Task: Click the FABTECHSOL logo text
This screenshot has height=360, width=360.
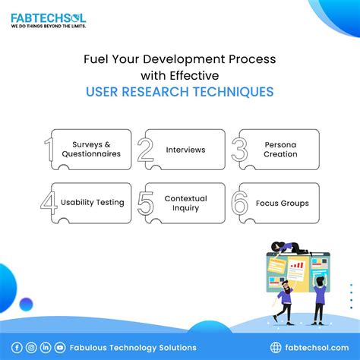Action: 48,16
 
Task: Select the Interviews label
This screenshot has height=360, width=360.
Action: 185,149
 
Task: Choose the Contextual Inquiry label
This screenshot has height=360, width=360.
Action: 185,203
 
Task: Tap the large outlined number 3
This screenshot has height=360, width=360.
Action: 239,149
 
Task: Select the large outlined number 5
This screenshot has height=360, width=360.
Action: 146,204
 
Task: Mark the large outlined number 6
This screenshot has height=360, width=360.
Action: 240,204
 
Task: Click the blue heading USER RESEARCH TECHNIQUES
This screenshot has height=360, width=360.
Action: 180,91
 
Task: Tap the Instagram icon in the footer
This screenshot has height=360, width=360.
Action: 31,347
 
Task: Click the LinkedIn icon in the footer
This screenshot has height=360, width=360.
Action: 46,347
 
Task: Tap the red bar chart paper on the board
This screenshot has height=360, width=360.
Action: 297,267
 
